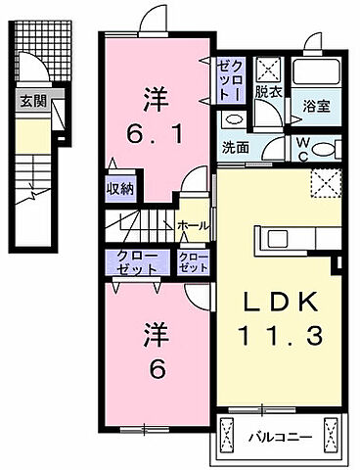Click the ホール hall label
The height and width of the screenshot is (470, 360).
(x=192, y=225)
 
